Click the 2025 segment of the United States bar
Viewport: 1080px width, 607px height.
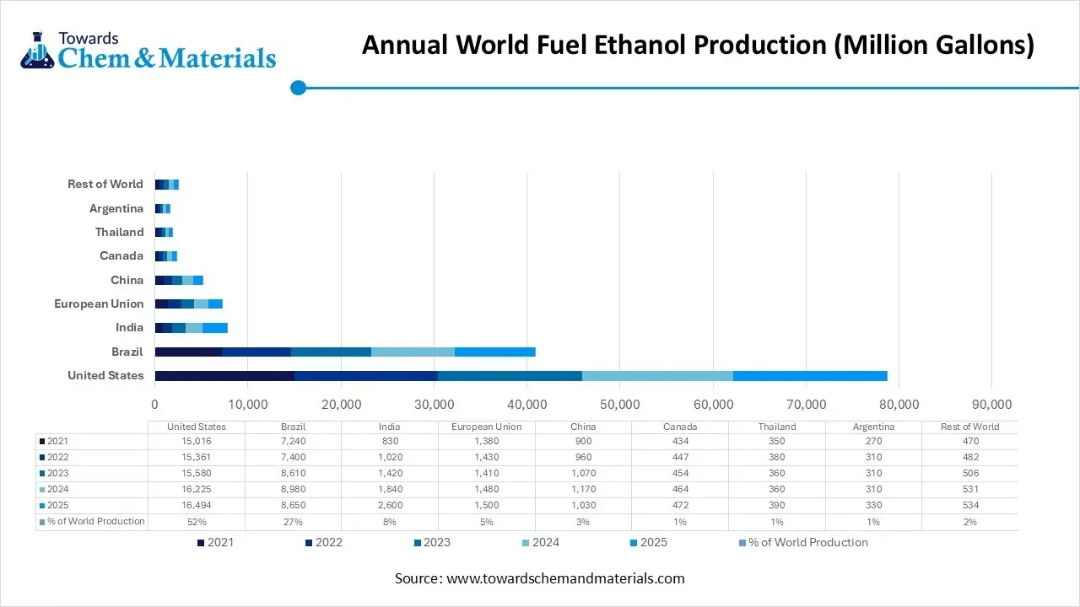[x=810, y=376]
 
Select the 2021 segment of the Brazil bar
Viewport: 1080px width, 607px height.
[x=188, y=352]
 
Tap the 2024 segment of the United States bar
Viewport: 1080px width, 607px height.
[x=657, y=376]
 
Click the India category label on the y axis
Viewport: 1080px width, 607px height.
[x=129, y=328]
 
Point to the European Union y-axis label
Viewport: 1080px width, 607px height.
[x=99, y=303]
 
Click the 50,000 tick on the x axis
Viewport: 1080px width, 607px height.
[x=619, y=406]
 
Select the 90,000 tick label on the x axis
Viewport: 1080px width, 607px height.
[x=991, y=406]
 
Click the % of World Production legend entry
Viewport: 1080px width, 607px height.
[x=802, y=543]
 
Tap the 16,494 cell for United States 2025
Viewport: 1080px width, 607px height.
[x=196, y=505]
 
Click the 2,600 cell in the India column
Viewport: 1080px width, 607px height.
[x=390, y=505]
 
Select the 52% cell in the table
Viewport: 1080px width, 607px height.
[x=196, y=522]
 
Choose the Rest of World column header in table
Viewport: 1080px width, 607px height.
[x=969, y=427]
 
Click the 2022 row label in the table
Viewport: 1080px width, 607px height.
[x=57, y=457]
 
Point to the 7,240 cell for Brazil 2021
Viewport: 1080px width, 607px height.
[x=293, y=441]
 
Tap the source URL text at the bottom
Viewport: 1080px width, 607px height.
[x=564, y=578]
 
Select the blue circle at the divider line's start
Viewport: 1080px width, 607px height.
[x=298, y=88]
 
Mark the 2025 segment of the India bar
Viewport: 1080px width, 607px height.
[x=215, y=328]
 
